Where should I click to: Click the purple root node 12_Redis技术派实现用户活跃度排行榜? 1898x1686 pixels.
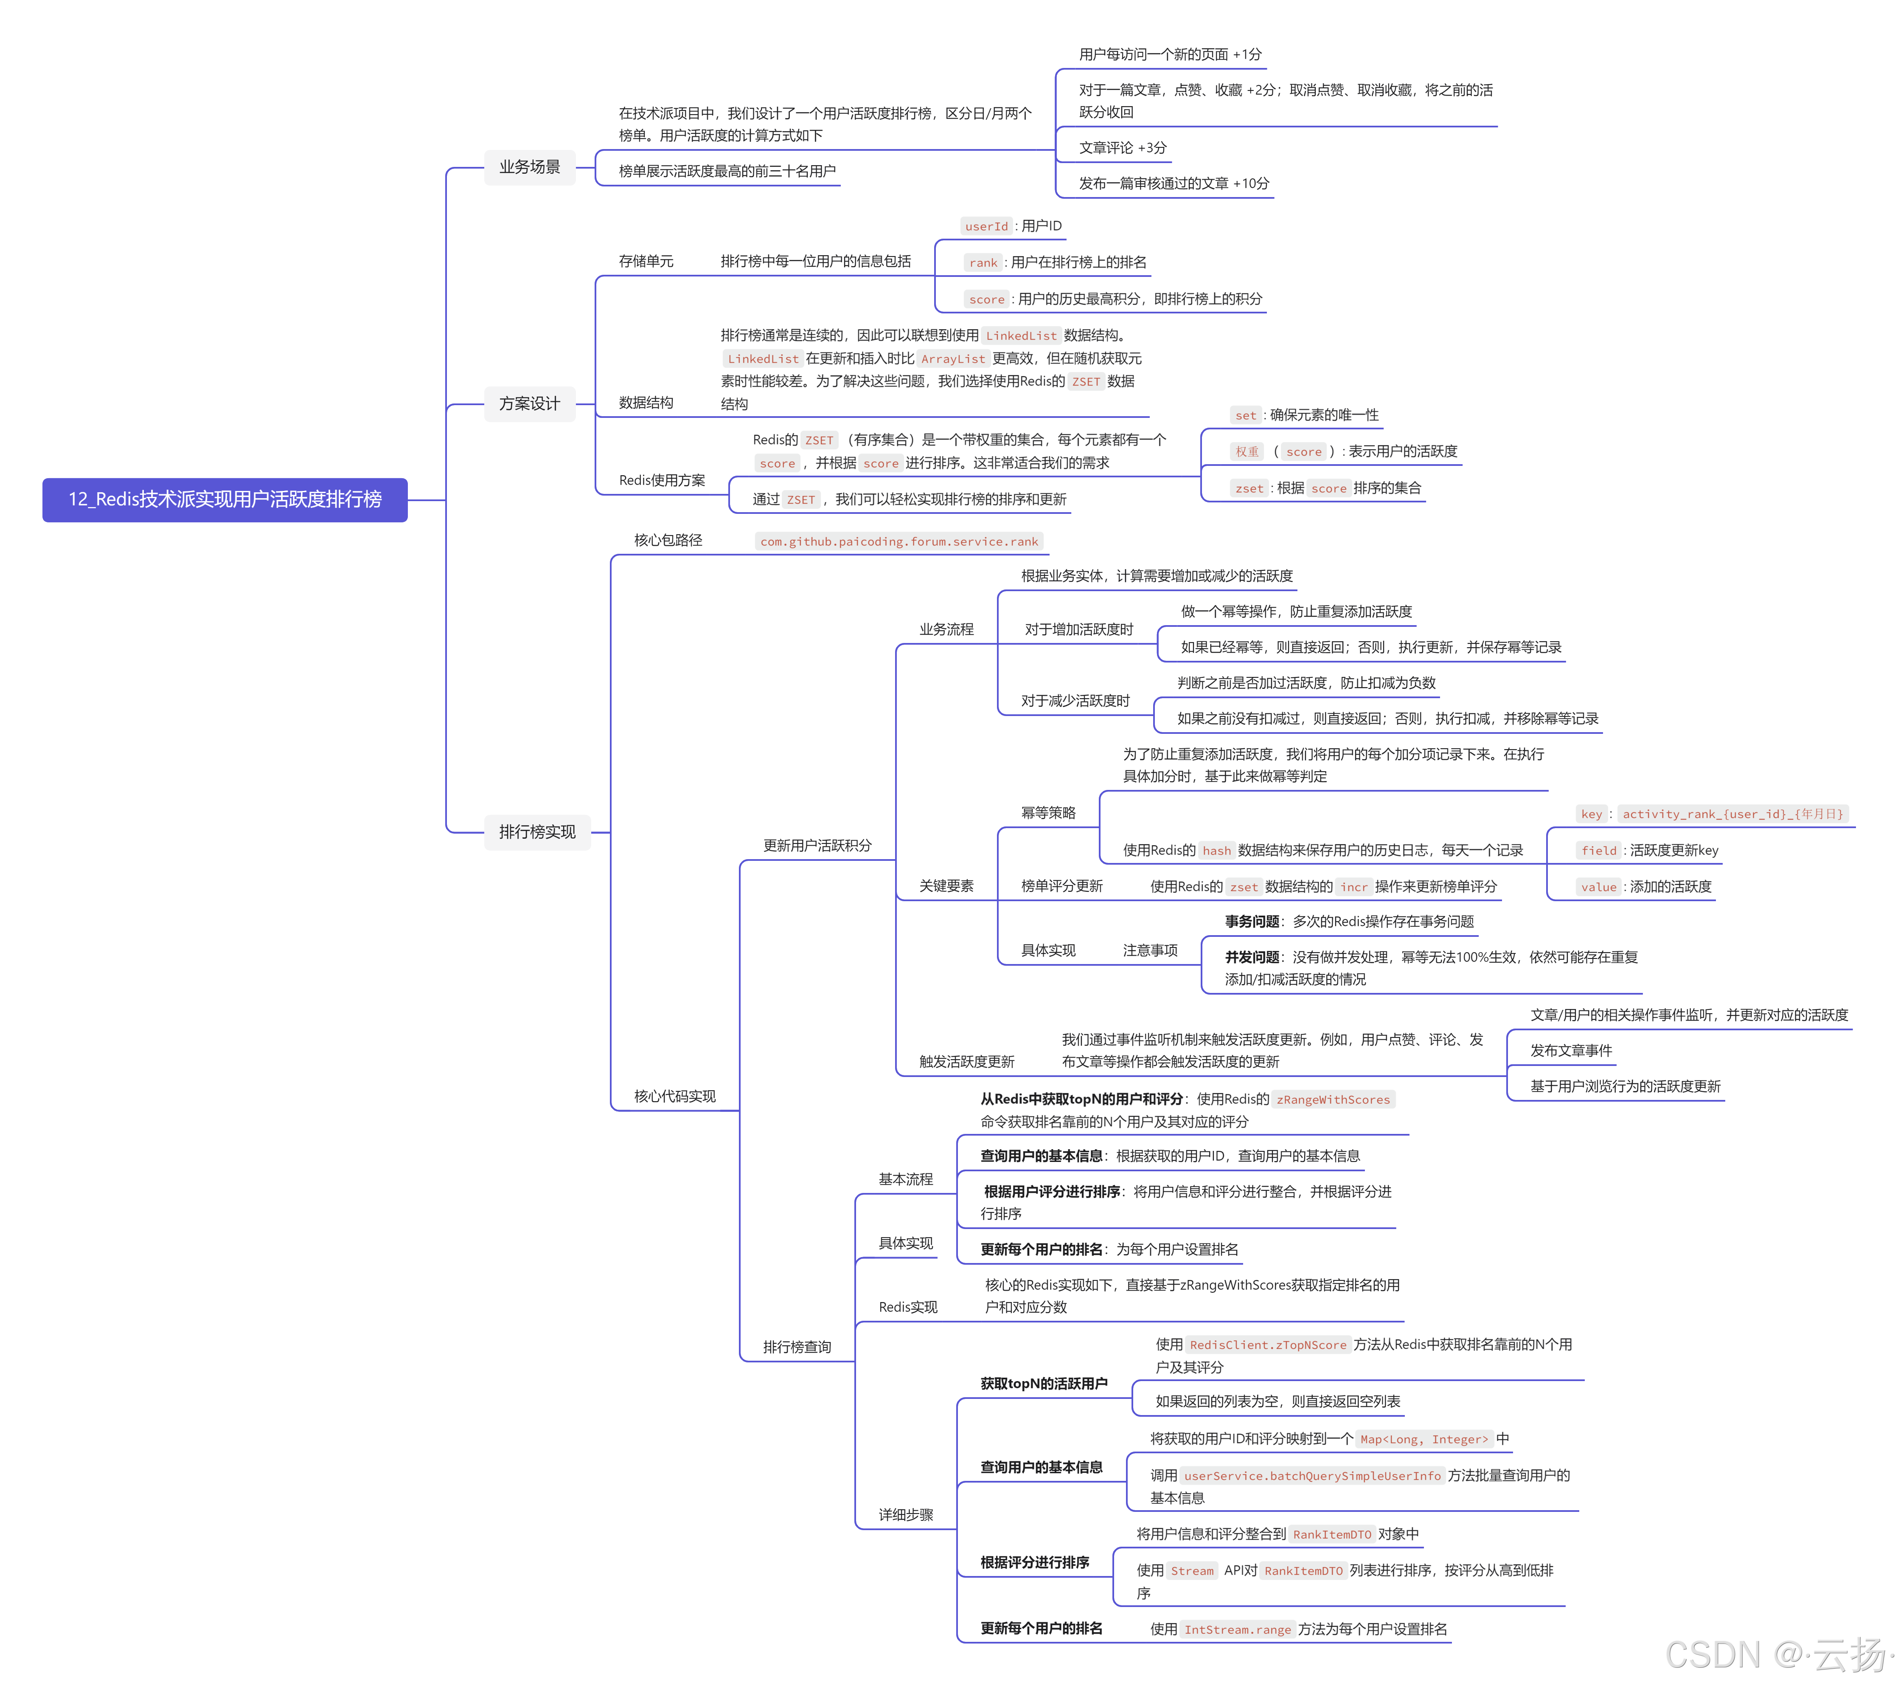[x=225, y=500]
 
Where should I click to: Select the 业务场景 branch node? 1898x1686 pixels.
[x=529, y=167]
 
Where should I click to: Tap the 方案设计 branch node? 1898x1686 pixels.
[x=529, y=403]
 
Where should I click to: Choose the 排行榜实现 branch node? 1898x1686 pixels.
[x=537, y=832]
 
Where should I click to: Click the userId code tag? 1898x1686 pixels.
[x=985, y=226]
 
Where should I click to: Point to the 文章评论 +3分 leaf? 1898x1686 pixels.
[x=1122, y=148]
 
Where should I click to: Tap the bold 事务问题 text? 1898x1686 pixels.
[x=1251, y=922]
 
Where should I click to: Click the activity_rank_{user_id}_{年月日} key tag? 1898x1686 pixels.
[x=1732, y=815]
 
